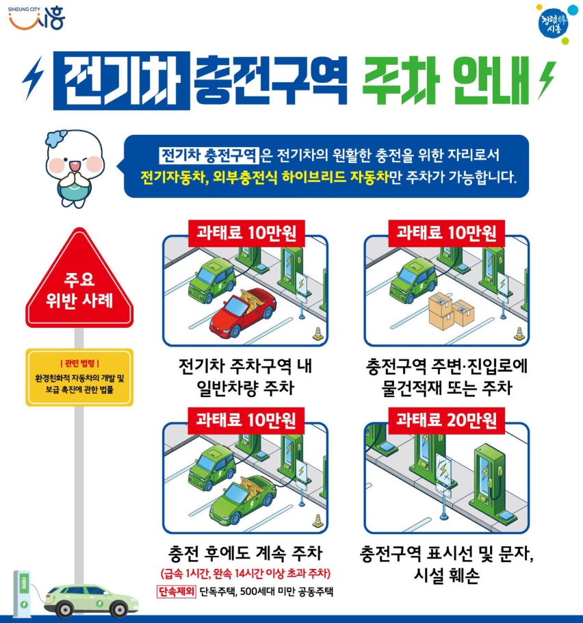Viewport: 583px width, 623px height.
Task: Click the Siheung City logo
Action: (36, 18)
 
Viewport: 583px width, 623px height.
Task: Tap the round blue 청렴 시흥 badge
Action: (553, 23)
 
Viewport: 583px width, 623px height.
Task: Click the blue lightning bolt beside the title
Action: (33, 77)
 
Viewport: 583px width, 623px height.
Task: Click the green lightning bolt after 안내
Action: (547, 79)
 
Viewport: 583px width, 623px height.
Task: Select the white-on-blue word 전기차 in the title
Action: (121, 81)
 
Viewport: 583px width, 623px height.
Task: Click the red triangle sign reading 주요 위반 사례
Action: (79, 280)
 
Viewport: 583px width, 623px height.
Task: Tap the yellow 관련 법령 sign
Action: (79, 377)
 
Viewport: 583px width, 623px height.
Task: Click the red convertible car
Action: (243, 313)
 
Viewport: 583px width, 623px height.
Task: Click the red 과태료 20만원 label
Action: (446, 420)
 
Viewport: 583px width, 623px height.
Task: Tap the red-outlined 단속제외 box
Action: (176, 592)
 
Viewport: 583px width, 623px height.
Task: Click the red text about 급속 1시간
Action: (246, 573)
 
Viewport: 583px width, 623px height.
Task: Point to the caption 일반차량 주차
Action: (246, 387)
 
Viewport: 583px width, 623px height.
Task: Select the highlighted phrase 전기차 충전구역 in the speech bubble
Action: (209, 155)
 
